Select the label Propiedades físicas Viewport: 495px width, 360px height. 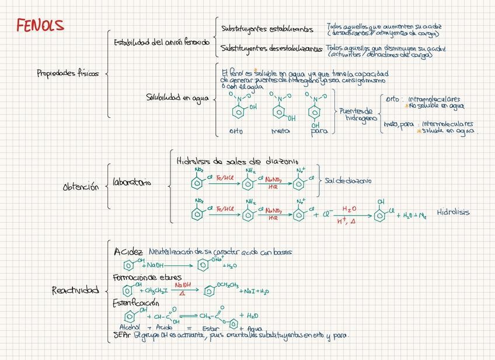coord(67,74)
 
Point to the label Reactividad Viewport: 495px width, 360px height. coord(75,290)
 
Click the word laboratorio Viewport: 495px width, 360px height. coord(131,183)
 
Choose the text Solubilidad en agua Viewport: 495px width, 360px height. coord(177,98)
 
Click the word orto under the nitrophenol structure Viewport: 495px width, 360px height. coord(235,131)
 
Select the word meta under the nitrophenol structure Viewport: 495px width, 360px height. coord(281,131)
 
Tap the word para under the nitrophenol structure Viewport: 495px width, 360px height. coord(319,131)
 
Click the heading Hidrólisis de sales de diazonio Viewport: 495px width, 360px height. coord(236,160)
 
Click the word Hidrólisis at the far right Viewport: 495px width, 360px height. coord(453,212)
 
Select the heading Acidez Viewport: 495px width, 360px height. coord(128,251)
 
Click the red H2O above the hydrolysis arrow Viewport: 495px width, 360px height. coord(348,208)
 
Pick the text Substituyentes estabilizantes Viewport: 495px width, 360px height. coord(267,29)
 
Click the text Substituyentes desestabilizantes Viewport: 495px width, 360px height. coord(271,49)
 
